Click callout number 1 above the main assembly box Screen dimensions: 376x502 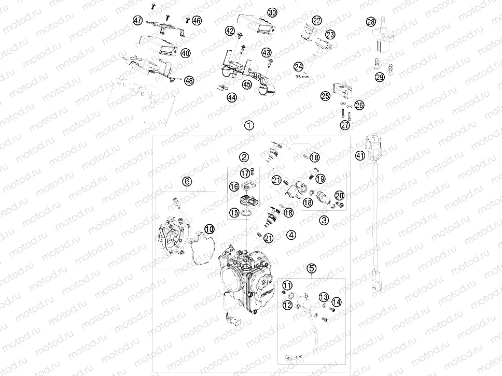(249, 125)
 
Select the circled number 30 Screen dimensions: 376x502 (272, 12)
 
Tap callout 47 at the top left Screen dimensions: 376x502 (137, 20)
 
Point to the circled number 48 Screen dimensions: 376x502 (189, 80)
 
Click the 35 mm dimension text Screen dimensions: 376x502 (301, 76)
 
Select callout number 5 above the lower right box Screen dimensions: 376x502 (311, 268)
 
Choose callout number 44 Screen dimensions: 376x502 (231, 97)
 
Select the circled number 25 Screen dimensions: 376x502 (325, 96)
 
